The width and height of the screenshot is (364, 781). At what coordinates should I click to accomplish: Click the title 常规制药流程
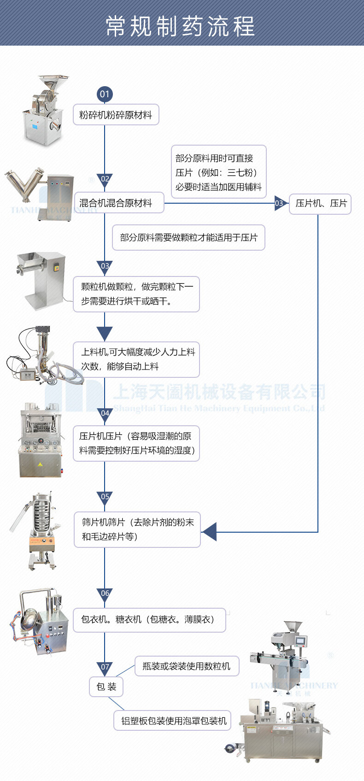coord(180,25)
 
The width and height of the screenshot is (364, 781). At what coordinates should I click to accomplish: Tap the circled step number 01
coord(105,94)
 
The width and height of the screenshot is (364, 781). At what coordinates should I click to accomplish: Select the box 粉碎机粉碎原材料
coord(116,115)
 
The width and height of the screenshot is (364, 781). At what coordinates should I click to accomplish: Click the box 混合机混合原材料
coord(119,203)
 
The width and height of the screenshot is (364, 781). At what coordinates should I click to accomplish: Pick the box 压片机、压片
coord(320,203)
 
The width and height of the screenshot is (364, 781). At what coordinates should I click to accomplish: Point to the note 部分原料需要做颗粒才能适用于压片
coord(188,238)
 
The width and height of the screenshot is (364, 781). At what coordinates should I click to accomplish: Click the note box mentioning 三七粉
coord(218,172)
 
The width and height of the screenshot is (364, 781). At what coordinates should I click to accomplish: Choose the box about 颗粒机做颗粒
coord(136,294)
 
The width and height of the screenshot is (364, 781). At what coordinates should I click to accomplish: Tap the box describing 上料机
coord(136,359)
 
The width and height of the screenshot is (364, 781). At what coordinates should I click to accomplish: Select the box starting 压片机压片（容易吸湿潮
coord(136,443)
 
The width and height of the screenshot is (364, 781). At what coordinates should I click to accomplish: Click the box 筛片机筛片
coord(137,529)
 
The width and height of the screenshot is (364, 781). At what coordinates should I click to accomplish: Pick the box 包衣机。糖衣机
coord(149,620)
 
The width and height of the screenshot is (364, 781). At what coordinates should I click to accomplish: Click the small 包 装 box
coord(106,687)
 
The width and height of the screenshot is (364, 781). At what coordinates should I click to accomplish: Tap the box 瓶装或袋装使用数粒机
coord(187,666)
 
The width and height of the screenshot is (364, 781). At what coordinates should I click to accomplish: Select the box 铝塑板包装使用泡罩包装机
coord(173,721)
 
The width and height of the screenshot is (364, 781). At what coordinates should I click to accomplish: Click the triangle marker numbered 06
coord(105,594)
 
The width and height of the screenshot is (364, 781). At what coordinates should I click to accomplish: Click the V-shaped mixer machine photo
coord(39,194)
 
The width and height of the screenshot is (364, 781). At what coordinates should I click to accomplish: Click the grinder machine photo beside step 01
coord(44,111)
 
